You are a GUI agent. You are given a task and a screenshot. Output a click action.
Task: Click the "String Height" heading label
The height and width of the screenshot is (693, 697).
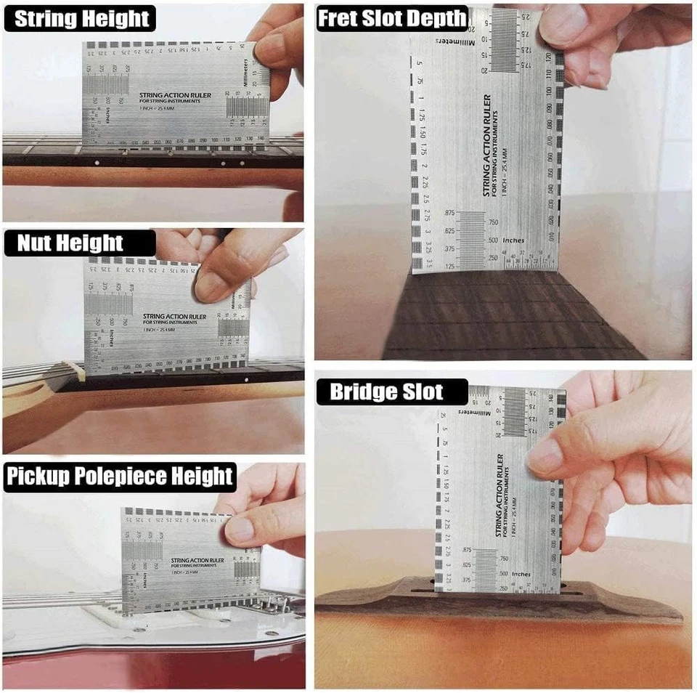click(x=80, y=19)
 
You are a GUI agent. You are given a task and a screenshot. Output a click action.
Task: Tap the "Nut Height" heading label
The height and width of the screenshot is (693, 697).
click(x=70, y=243)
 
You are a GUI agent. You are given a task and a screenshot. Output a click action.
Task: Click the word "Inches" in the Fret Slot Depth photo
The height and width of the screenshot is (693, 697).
click(x=513, y=240)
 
